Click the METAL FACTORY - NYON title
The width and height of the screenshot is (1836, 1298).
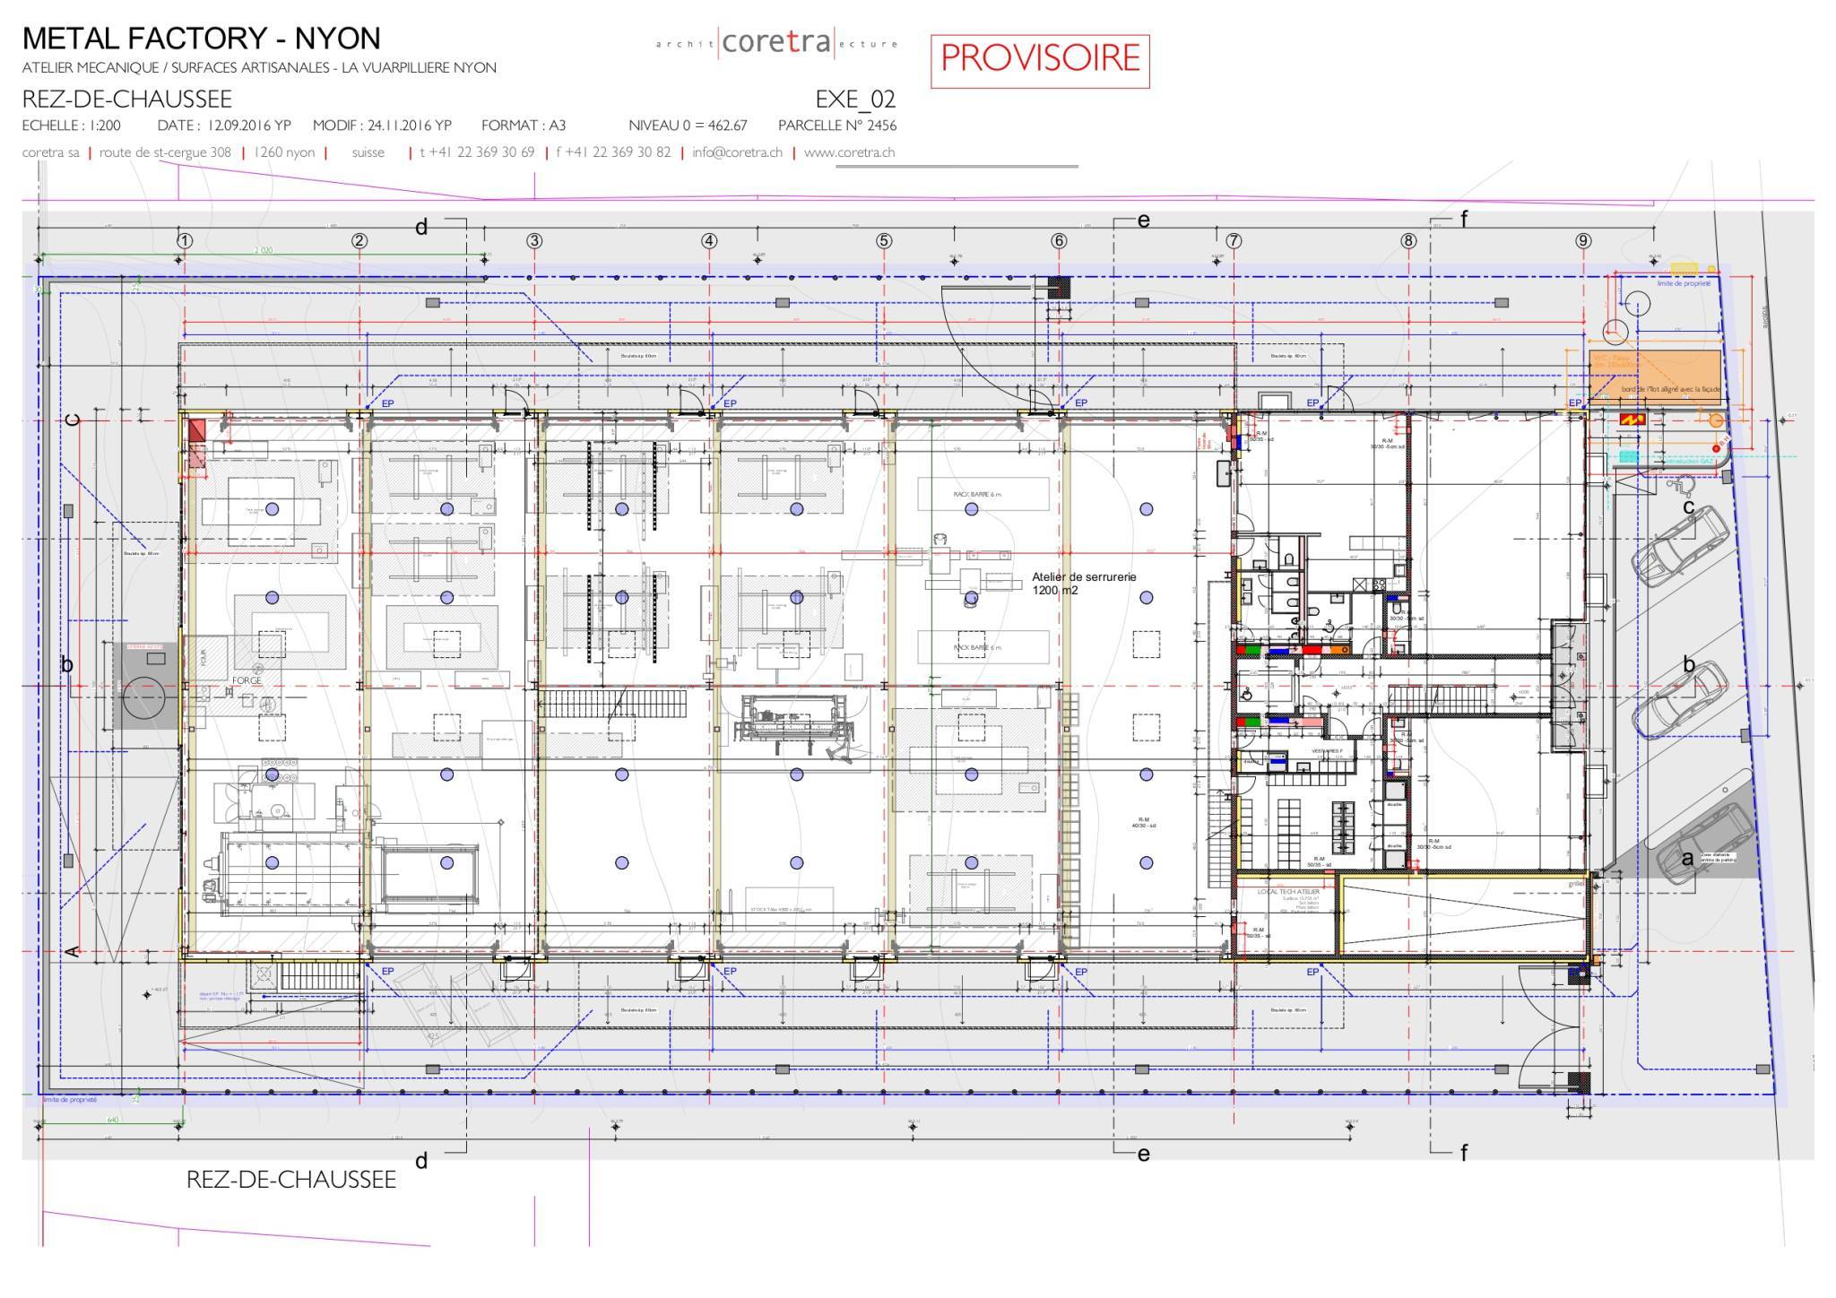tap(202, 39)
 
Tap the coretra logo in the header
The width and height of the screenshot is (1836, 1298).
tap(776, 42)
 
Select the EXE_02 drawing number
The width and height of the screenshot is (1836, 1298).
tap(855, 99)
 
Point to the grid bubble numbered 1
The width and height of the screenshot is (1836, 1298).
tap(185, 240)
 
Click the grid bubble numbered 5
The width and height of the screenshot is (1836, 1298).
tap(884, 240)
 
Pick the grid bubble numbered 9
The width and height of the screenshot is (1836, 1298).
tap(1583, 240)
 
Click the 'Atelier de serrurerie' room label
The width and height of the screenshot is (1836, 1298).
tap(1083, 583)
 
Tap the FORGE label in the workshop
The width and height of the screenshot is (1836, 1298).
tap(247, 681)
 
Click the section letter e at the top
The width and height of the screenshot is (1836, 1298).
tap(1143, 221)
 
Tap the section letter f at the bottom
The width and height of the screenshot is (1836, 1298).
tap(1464, 1153)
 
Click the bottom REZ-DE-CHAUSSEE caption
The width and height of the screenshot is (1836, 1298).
tap(290, 1180)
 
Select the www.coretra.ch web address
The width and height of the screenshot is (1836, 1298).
tap(849, 152)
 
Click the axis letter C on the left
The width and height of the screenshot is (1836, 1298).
tap(74, 420)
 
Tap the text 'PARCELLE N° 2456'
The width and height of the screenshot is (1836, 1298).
tap(836, 125)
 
